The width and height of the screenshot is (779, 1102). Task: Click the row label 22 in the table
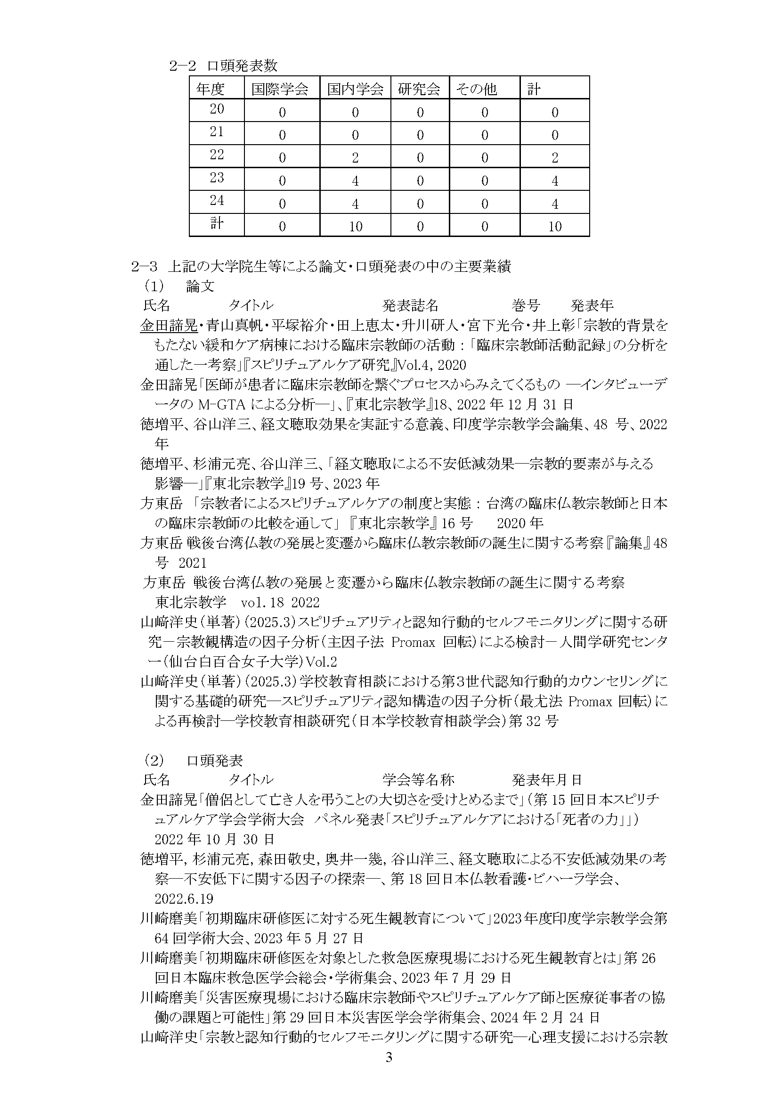coord(217,155)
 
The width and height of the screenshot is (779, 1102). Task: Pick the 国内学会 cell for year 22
coord(355,158)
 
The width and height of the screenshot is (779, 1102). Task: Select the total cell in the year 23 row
coord(554,181)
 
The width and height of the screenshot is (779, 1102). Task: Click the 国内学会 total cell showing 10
coord(355,227)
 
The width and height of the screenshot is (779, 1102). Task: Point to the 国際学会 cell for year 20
coord(282,112)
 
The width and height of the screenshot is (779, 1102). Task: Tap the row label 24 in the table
coord(217,200)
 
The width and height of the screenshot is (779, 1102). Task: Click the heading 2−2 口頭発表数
coord(223,66)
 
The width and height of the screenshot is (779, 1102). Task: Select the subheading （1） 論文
coord(179,286)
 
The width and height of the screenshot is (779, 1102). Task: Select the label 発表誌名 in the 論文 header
coord(410,305)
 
